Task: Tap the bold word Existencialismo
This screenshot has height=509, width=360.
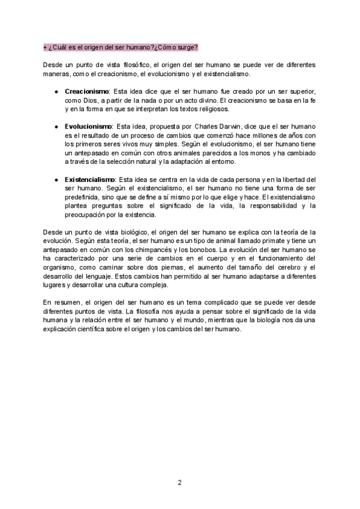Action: click(x=91, y=179)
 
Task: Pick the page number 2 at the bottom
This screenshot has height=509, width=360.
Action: click(x=179, y=482)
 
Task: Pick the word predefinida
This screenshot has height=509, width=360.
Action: click(x=85, y=197)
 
